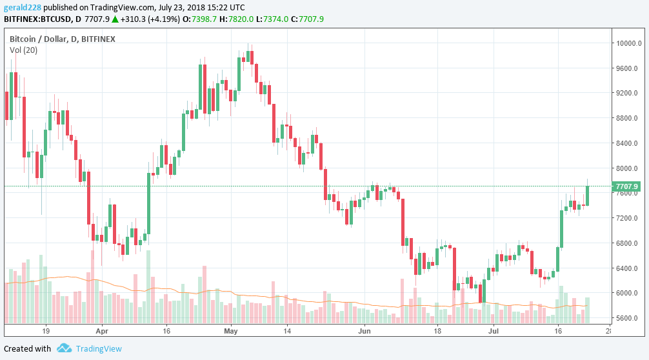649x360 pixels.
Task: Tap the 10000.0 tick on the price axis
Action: pos(626,44)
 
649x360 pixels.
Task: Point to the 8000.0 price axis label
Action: pos(626,168)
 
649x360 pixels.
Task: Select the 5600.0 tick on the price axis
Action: pos(626,318)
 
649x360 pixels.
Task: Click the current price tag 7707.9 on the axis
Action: pos(627,186)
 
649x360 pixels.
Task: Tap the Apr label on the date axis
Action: pos(102,331)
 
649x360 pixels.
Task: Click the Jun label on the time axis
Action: pos(364,331)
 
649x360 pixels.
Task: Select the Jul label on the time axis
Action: pos(494,331)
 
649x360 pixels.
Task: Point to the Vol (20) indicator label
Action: pos(23,50)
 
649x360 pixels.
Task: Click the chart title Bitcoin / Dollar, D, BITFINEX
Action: pos(63,39)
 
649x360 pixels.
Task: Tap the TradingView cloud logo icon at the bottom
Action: pos(64,348)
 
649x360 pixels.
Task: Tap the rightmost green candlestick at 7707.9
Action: pos(588,195)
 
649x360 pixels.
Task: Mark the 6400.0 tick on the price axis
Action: pos(626,268)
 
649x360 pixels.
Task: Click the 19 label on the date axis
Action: pos(46,331)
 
